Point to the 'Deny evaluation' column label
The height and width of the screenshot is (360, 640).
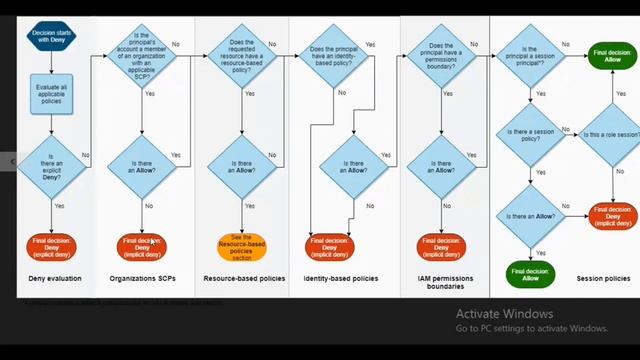[x=54, y=278]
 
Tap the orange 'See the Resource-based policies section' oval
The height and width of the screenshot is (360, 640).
[x=241, y=246]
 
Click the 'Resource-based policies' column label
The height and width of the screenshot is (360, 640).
[x=243, y=278]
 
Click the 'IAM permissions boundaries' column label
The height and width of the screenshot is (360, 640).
[x=439, y=282]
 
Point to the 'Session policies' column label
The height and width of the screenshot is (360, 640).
[x=603, y=278]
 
